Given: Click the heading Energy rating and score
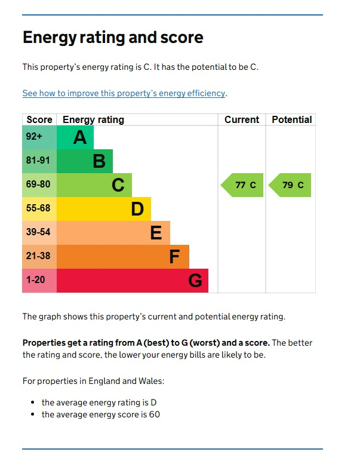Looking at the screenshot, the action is click(113, 38).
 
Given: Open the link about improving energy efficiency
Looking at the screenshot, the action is click(124, 93).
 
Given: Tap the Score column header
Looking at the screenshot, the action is click(39, 119).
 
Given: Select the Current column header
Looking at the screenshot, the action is click(242, 119).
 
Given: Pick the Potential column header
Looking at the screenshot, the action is click(291, 119).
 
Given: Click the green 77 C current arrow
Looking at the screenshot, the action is click(242, 185).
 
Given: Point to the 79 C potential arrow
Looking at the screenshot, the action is click(290, 185).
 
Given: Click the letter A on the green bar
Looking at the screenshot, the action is click(80, 137).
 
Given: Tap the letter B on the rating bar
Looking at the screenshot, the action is click(99, 161).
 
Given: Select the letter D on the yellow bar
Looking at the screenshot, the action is click(137, 209).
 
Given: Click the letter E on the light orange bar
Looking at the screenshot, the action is click(156, 233).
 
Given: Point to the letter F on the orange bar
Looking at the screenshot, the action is click(174, 257).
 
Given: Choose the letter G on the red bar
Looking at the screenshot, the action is click(195, 281).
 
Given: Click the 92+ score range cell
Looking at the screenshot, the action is click(39, 137).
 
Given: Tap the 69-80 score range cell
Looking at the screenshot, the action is click(39, 185).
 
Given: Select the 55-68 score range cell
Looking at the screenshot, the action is click(39, 209).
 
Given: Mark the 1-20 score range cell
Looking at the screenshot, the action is click(39, 281).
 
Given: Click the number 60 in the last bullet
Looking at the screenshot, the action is click(154, 414).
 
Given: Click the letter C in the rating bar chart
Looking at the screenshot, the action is click(118, 185).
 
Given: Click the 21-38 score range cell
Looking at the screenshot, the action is click(39, 257).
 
